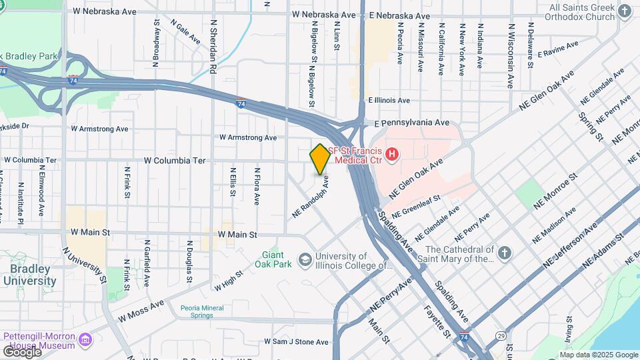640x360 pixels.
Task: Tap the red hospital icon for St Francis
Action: pos(392,155)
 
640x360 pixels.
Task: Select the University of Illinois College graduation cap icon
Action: pos(305,259)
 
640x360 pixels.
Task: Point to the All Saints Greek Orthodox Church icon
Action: pos(624,11)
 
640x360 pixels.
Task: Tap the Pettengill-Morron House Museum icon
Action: pos(85,341)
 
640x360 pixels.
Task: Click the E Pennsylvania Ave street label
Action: pos(411,123)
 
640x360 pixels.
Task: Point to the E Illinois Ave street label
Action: pos(389,100)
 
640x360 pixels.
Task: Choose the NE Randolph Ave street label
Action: pos(311,197)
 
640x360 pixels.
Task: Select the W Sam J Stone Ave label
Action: pos(296,342)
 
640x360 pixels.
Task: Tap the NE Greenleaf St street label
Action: pos(417,206)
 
